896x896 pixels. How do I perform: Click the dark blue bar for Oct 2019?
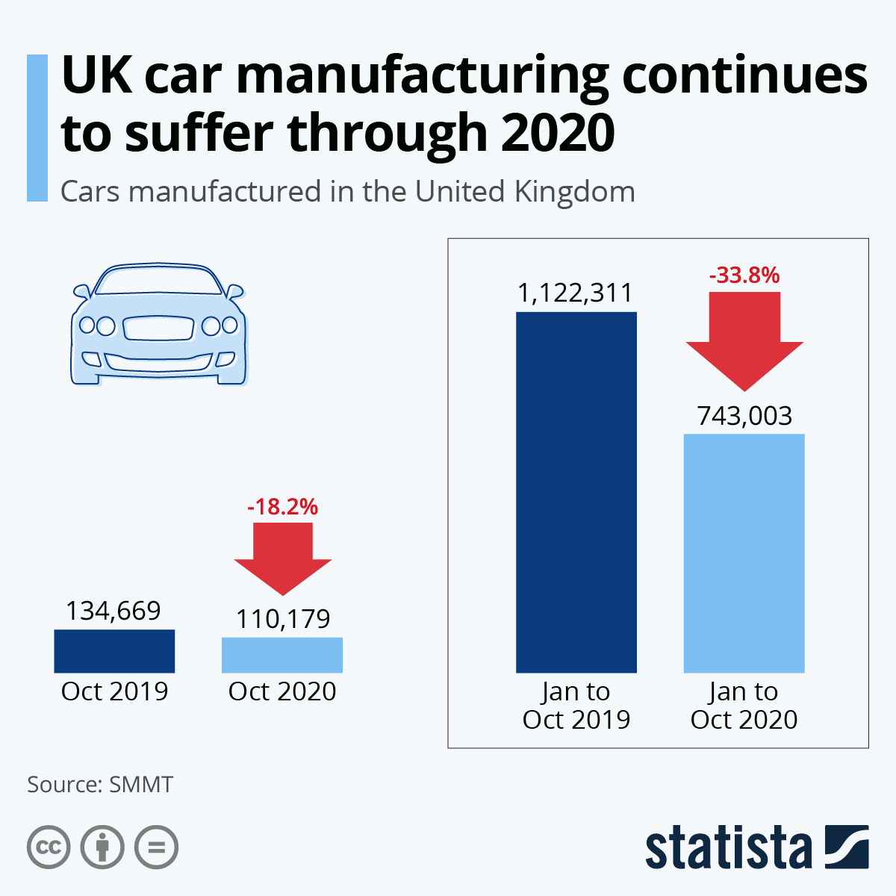pos(114,651)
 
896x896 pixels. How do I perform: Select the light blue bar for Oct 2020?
pos(282,655)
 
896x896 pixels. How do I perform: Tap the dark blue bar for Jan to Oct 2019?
pos(576,492)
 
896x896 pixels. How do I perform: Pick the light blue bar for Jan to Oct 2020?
pos(744,553)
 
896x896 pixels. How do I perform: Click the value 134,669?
pos(113,611)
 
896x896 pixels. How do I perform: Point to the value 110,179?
pos(283,619)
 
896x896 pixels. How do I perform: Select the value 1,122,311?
pos(576,293)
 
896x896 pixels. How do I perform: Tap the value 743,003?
pos(744,416)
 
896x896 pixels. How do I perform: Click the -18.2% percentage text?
pos(282,508)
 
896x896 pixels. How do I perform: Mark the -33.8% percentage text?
pos(744,276)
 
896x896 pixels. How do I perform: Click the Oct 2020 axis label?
pos(282,691)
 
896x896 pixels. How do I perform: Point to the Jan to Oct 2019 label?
pos(576,706)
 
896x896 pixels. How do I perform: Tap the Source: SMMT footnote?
pos(100,785)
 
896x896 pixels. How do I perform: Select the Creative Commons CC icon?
pos(49,847)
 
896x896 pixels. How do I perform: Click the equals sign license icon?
pos(156,847)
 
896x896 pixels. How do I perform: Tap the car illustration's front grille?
pos(158,327)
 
